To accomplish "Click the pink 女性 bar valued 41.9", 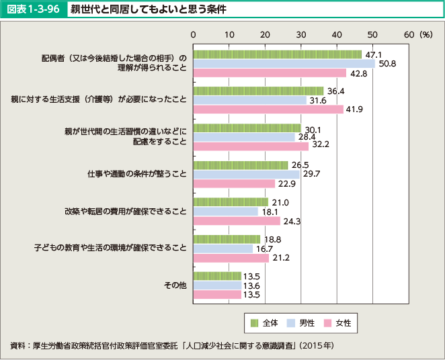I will (268, 109).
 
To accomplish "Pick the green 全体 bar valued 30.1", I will (247, 128).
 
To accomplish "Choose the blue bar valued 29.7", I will (246, 174).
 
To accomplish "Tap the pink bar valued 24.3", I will (237, 220).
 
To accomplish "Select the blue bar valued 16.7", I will (222, 248).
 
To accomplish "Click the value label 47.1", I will (373, 54).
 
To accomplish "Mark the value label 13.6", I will (252, 285).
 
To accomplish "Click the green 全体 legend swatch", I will (254, 323).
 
